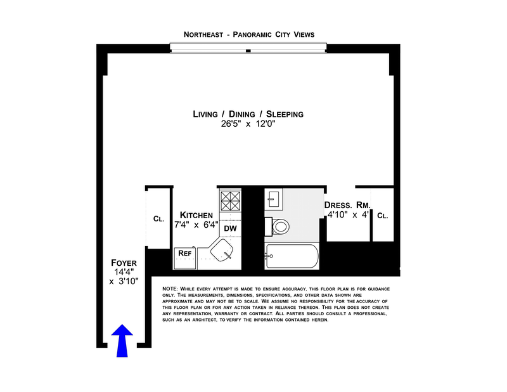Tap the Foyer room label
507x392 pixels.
(124, 263)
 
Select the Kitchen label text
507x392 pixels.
(196, 215)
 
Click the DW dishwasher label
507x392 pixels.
(231, 228)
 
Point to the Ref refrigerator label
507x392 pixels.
(185, 253)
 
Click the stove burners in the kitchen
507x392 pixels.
(230, 201)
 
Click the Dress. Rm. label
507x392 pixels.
(347, 205)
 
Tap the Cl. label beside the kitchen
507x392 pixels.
(158, 219)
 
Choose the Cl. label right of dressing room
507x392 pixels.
(382, 216)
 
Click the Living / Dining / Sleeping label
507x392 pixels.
(248, 114)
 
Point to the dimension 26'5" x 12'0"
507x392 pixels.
(248, 125)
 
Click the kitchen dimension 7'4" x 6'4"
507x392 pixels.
(196, 225)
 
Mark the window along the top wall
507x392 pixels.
(248, 48)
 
